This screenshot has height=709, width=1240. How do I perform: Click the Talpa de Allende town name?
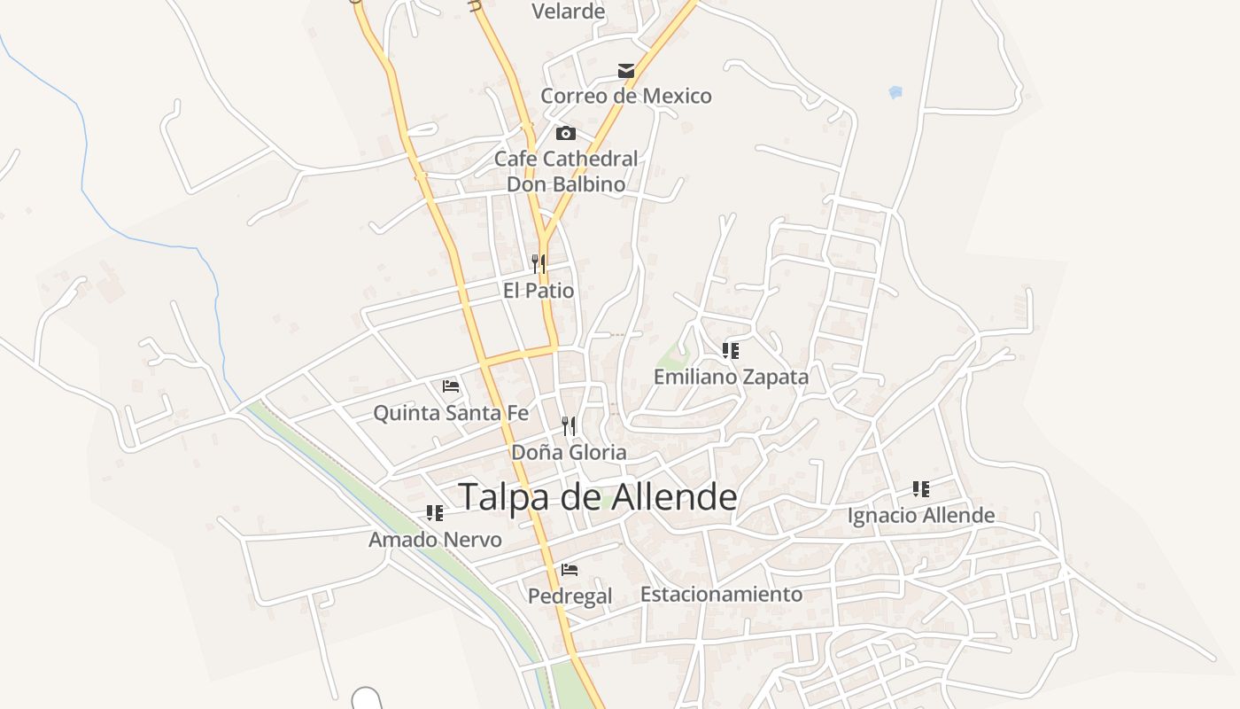point(598,497)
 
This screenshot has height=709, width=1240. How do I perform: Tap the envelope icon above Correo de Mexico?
point(626,71)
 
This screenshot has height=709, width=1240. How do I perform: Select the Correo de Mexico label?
point(626,96)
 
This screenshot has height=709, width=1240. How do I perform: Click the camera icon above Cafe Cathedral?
point(565,134)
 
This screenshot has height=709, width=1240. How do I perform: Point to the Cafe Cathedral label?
point(566,159)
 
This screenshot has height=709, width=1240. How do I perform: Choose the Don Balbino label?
point(566,184)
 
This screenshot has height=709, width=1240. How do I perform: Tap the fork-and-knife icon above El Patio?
point(539,264)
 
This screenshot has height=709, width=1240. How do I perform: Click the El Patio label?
point(539,291)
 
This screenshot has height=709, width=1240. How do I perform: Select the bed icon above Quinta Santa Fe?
point(451,386)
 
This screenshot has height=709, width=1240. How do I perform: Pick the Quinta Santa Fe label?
point(451,413)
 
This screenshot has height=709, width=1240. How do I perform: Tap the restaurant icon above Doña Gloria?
point(569,426)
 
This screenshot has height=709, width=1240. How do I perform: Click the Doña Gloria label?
point(569,452)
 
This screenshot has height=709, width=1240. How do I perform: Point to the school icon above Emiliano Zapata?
point(731,351)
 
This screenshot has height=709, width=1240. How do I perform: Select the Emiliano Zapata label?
point(731,377)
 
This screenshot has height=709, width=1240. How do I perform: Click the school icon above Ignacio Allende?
point(921,489)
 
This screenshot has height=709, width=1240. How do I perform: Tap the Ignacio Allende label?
point(921,515)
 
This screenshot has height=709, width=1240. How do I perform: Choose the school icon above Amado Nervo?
point(434,513)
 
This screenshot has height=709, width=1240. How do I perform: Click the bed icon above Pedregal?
point(570,570)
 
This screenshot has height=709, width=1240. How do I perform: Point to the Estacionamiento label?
point(722,594)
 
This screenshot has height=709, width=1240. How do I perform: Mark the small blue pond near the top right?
point(895,91)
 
